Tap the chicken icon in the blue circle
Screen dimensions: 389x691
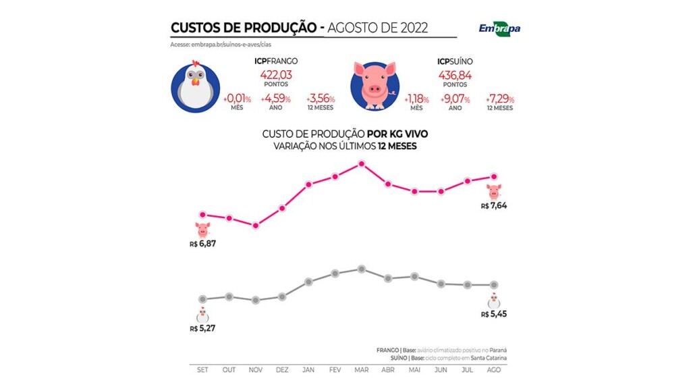(x=196, y=86)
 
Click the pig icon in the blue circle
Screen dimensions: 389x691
(x=375, y=86)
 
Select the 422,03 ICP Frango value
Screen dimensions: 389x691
(x=276, y=74)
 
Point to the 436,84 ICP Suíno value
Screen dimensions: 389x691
(x=455, y=74)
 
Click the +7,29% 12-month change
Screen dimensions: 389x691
(x=499, y=99)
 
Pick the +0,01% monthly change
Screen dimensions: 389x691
(x=237, y=99)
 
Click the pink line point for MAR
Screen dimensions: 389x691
(x=362, y=163)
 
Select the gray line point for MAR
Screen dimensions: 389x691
(x=362, y=269)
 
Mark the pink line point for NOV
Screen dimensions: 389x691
(x=256, y=226)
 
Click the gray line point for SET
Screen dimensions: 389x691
(x=202, y=299)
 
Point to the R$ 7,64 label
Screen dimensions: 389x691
(x=494, y=206)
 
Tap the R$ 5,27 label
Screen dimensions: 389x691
(x=203, y=328)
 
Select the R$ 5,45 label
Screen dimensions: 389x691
(x=494, y=314)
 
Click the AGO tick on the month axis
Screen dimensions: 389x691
(x=494, y=371)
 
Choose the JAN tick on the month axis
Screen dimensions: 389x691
(x=308, y=371)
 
